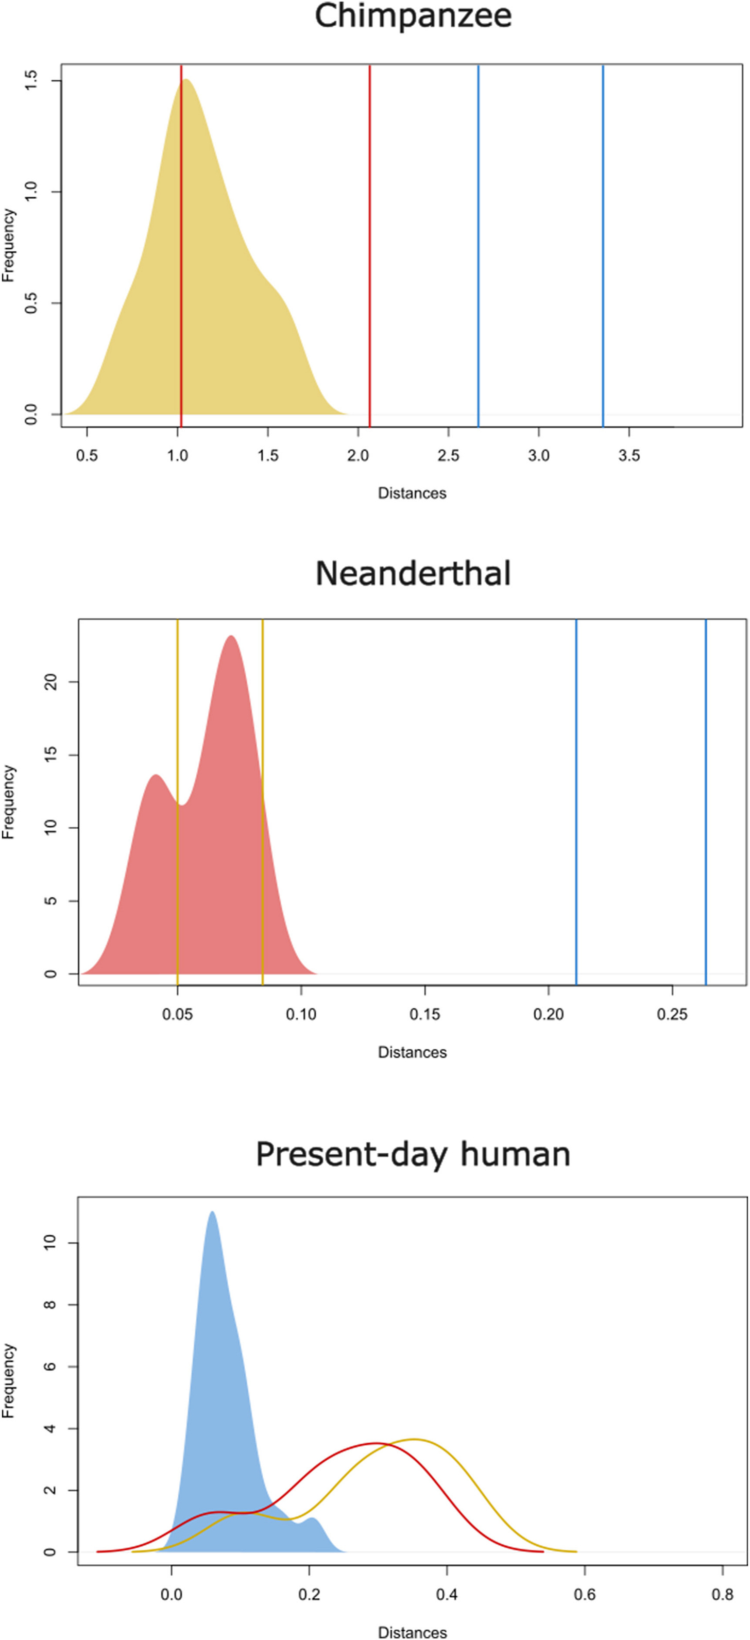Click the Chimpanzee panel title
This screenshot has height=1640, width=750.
(413, 16)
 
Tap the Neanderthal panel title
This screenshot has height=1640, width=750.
(413, 574)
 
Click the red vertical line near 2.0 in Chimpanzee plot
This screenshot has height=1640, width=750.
(369, 254)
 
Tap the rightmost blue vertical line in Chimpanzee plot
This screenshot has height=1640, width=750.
(603, 254)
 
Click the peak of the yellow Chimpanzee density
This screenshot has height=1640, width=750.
(186, 80)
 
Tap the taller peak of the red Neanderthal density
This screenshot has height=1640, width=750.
(231, 637)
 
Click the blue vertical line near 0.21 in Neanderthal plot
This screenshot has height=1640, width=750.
(576, 796)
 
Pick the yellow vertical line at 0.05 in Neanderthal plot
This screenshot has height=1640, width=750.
(178, 796)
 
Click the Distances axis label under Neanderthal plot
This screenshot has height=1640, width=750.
(412, 1052)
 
